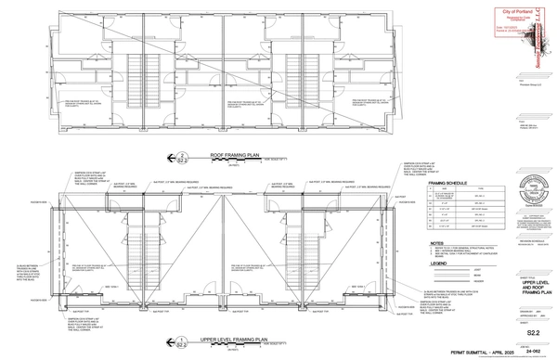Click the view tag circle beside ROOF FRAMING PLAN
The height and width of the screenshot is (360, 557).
click(x=183, y=156)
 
